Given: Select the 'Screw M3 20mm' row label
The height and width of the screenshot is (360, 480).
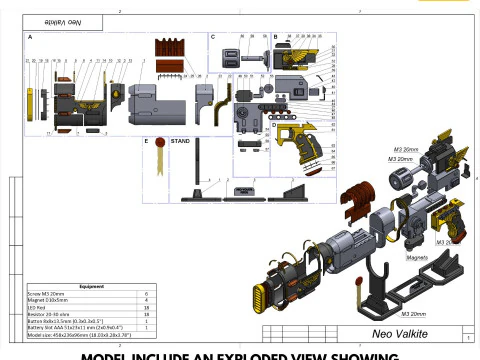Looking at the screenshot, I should tap(47, 293).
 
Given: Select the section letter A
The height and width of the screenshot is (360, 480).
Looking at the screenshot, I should tap(30, 37).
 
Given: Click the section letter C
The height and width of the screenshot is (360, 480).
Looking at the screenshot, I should tap(212, 37).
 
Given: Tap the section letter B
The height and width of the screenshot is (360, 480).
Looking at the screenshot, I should tap(275, 37).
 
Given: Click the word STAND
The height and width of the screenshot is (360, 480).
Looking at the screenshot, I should tap(181, 141).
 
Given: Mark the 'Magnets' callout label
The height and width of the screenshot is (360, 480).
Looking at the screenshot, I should tap(417, 257).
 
